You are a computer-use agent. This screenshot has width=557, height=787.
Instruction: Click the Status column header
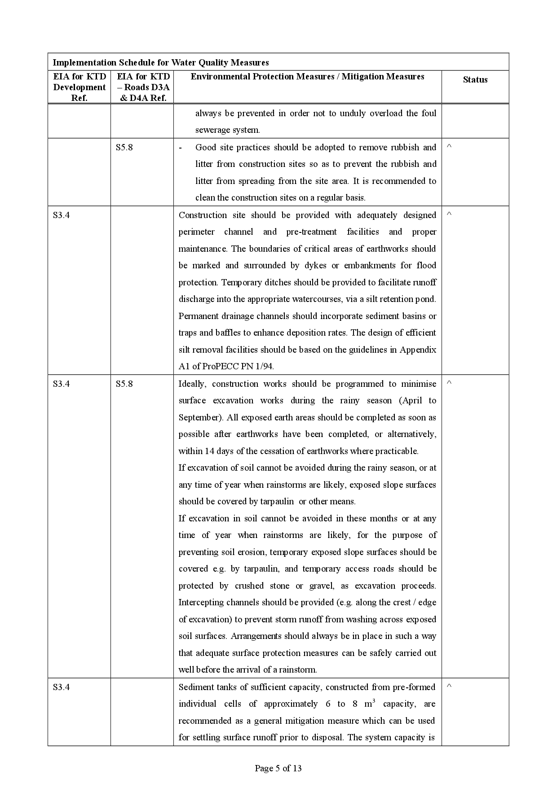[475, 80]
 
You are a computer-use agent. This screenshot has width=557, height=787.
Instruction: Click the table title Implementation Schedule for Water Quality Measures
[161, 62]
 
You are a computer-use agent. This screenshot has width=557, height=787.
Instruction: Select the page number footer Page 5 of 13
[278, 768]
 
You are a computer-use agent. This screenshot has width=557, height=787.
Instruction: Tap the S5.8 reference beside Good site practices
[124, 147]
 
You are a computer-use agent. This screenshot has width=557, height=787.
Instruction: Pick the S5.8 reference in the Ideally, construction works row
[124, 384]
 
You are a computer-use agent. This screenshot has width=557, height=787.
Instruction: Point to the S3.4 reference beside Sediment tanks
[61, 687]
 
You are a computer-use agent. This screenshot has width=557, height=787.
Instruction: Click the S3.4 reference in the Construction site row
[61, 215]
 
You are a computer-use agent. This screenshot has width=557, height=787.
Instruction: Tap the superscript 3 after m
[374, 700]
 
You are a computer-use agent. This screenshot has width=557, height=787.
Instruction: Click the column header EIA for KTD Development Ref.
[80, 87]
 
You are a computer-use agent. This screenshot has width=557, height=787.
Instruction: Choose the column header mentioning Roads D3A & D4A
[143, 87]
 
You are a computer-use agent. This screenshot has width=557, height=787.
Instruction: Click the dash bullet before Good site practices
[181, 147]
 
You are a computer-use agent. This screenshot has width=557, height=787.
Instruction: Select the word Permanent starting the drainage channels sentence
[198, 316]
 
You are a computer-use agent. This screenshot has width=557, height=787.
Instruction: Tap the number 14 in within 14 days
[209, 451]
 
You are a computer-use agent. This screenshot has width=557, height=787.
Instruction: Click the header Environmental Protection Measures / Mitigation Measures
[307, 76]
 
